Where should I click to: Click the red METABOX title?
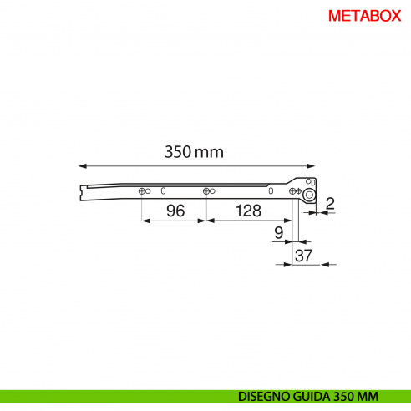pyautogui.click(x=364, y=16)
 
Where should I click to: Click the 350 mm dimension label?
pyautogui.click(x=194, y=152)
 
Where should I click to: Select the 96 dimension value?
pyautogui.click(x=175, y=211)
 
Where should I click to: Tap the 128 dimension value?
pyautogui.click(x=248, y=211)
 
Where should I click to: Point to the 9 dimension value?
pyautogui.click(x=279, y=233)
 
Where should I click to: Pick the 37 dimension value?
pyautogui.click(x=303, y=256)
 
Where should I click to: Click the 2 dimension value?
pyautogui.click(x=330, y=204)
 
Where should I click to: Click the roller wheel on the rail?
pyautogui.click(x=309, y=195)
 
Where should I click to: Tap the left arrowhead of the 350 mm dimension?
pyautogui.click(x=83, y=166)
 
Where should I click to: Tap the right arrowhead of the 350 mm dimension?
pyautogui.click(x=311, y=166)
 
